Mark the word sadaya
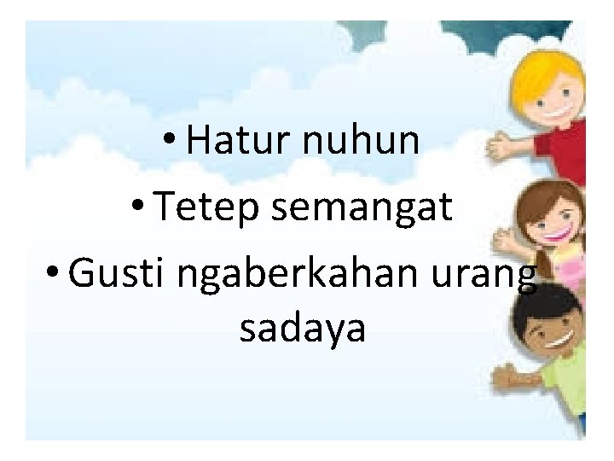click(x=303, y=329)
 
